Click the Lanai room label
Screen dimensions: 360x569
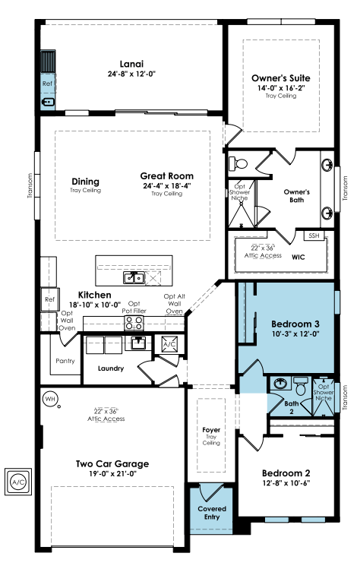pos(131,65)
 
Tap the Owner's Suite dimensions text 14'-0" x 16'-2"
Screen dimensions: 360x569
pos(281,88)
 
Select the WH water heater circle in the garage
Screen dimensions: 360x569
pos(49,399)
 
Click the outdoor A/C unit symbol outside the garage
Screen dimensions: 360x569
pos(18,482)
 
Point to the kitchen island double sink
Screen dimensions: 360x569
pos(134,278)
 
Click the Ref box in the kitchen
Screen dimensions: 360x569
pos(49,299)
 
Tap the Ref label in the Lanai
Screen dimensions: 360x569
pos(47,84)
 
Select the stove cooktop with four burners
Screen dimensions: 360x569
pos(134,324)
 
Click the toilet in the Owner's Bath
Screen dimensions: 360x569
pos(238,163)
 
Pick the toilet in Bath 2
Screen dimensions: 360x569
pos(301,387)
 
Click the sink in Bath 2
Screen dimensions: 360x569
pos(280,384)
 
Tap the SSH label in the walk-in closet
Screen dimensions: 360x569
pos(314,236)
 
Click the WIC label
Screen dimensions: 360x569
pos(298,258)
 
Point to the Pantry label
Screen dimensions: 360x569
pos(65,361)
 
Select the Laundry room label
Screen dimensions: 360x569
pos(111,368)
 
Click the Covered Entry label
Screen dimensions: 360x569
pos(212,513)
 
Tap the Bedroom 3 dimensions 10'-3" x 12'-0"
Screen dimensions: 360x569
pos(295,333)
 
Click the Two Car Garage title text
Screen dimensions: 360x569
pos(112,464)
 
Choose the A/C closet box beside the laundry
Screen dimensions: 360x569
pos(169,344)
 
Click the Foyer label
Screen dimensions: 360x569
pos(211,430)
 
